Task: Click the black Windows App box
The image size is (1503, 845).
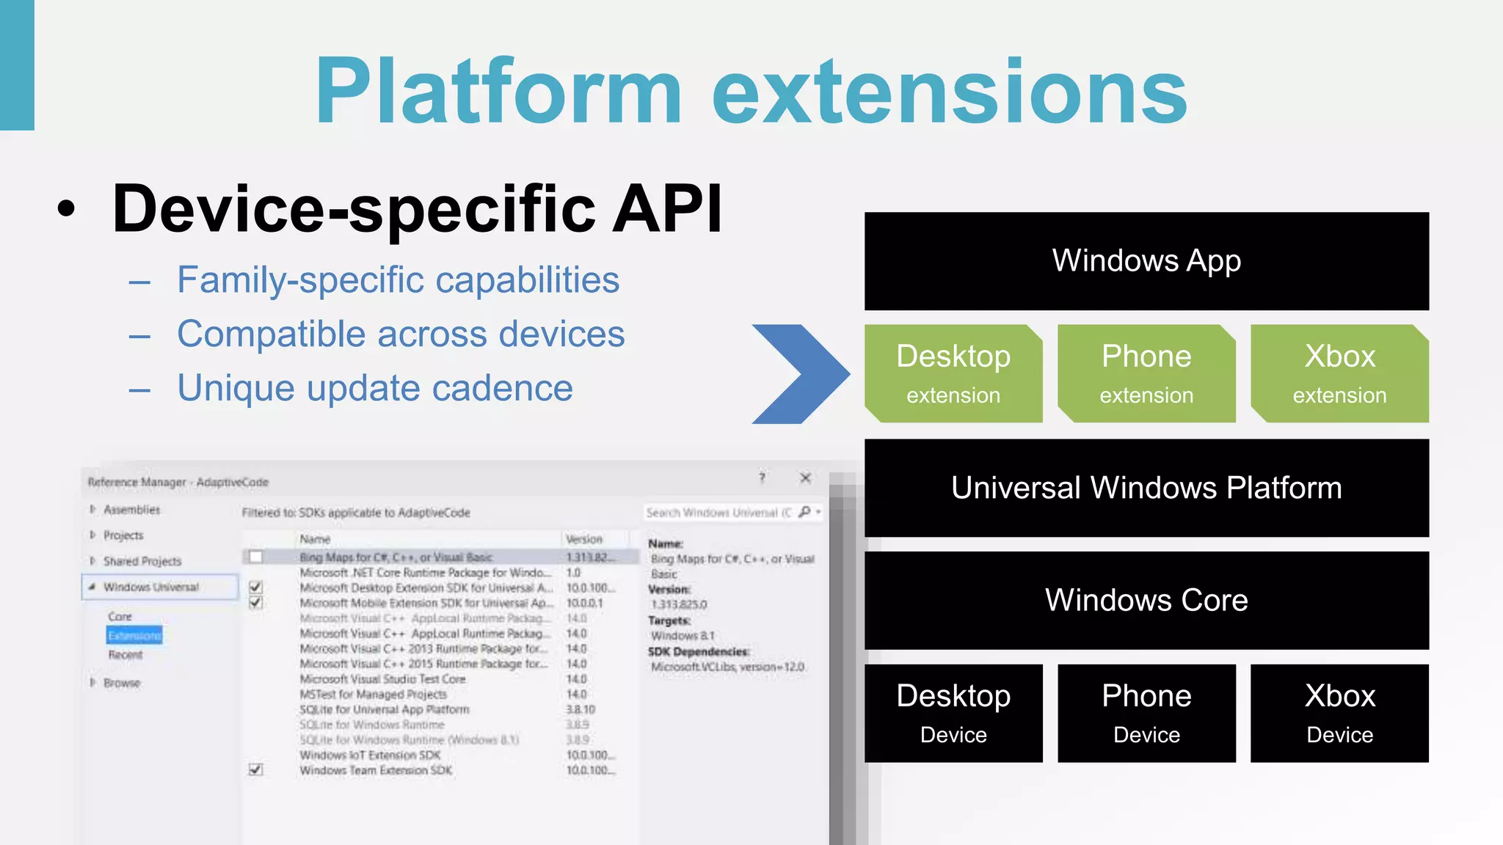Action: click(x=1146, y=261)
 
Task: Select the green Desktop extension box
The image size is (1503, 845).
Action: click(x=953, y=373)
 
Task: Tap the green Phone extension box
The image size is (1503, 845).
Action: click(x=1146, y=373)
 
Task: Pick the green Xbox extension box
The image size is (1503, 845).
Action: click(x=1339, y=373)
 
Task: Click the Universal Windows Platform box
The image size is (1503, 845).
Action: click(x=1146, y=488)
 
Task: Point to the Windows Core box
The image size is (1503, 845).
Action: click(x=1146, y=600)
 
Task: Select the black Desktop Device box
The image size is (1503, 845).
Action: click(x=953, y=713)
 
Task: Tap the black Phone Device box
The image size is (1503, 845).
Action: click(x=1146, y=713)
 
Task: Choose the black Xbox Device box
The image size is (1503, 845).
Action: click(x=1339, y=713)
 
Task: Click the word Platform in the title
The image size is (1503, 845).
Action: click(x=499, y=92)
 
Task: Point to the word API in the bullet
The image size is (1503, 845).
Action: click(x=667, y=209)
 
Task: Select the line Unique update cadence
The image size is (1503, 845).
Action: click(x=374, y=388)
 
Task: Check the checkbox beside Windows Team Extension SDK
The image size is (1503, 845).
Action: click(x=255, y=769)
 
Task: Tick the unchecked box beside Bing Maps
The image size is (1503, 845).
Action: click(x=255, y=557)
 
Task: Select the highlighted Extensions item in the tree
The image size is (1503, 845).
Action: click(x=134, y=635)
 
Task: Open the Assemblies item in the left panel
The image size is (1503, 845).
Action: click(x=131, y=510)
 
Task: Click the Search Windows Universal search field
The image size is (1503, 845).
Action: click(x=719, y=513)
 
